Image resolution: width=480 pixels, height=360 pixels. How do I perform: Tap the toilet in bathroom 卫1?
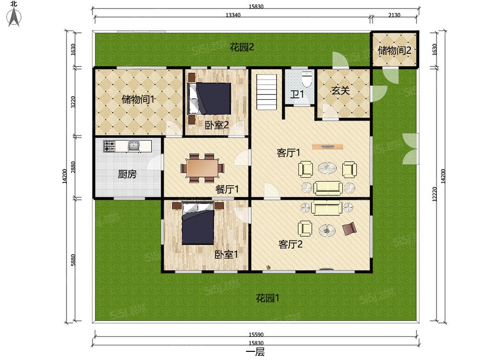(306, 80)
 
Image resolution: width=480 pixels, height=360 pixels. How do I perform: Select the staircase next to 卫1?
(266, 91)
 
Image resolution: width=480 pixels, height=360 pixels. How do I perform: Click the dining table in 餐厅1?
(202, 168)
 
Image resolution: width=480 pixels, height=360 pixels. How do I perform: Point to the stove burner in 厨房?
(109, 146)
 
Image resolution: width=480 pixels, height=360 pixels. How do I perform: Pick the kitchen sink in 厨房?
(133, 146)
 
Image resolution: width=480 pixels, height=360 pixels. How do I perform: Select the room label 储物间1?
(138, 99)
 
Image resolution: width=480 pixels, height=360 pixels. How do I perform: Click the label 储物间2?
(394, 50)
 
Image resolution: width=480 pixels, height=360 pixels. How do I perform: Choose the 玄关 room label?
(340, 91)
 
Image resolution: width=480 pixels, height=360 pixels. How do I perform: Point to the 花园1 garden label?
(267, 298)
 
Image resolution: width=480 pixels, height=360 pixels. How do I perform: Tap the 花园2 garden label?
(242, 47)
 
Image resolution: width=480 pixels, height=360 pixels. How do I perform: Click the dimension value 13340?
(233, 15)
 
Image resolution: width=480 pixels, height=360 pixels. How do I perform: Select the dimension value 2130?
(394, 15)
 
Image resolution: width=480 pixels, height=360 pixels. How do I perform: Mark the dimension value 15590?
(256, 335)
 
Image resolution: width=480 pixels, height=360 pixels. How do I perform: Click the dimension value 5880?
(73, 260)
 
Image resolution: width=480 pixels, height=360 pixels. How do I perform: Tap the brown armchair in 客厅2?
(349, 228)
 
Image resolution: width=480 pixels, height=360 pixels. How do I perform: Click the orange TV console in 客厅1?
(327, 146)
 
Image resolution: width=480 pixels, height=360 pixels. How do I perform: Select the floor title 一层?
(255, 352)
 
